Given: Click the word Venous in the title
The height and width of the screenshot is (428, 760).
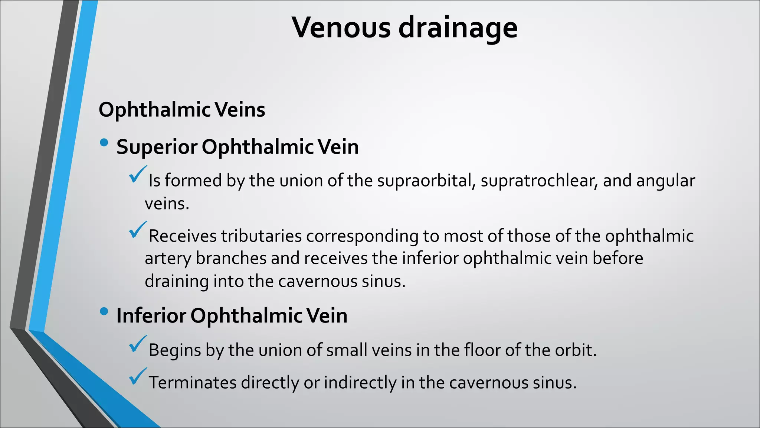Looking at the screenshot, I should pyautogui.click(x=341, y=27).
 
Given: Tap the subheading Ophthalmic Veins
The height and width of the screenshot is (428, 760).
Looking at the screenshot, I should pyautogui.click(x=182, y=110).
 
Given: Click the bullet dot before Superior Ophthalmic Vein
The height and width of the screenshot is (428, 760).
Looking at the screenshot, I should pyautogui.click(x=104, y=143).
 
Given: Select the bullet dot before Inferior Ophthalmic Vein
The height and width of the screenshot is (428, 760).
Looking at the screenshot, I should pyautogui.click(x=104, y=311).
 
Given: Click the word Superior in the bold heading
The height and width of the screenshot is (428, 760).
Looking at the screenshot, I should pyautogui.click(x=157, y=147).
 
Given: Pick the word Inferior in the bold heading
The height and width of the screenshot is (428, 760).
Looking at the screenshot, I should pyautogui.click(x=151, y=316).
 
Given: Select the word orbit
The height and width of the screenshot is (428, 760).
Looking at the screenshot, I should pyautogui.click(x=575, y=350).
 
